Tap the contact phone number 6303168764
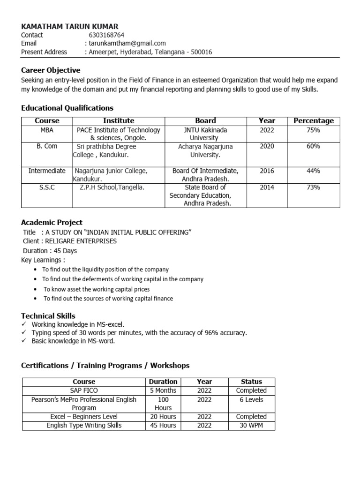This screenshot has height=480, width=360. (x=106, y=35)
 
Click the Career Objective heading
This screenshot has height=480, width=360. (x=51, y=70)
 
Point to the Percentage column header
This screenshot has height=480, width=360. (x=313, y=121)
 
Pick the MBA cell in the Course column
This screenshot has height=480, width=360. (x=47, y=130)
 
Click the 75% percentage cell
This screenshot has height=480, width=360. (x=313, y=130)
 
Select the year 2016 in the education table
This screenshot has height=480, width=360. (x=267, y=171)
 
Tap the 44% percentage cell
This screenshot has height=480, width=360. (x=313, y=171)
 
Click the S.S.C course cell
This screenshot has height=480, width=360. (x=47, y=187)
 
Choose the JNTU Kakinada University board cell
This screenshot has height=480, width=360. (x=205, y=134)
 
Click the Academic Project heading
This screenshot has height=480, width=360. (x=52, y=222)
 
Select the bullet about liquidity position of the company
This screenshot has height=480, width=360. (x=105, y=270)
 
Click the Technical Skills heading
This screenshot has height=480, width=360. (x=48, y=316)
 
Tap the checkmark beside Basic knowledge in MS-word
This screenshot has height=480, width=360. (x=24, y=341)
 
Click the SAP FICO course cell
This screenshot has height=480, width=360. (x=84, y=390)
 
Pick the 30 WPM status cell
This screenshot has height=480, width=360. (x=251, y=426)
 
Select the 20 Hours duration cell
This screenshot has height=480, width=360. (x=163, y=417)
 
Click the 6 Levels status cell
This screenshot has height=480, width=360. (x=251, y=400)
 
